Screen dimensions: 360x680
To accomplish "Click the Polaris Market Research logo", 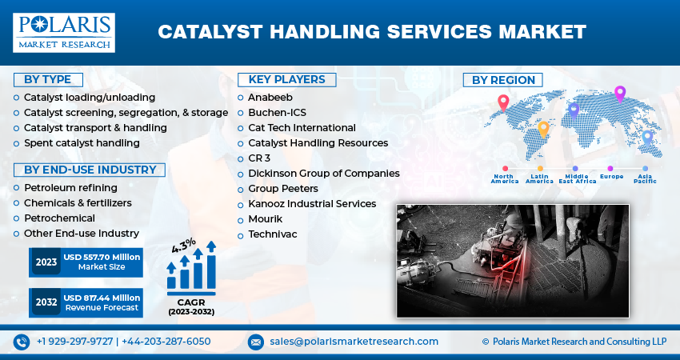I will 63,32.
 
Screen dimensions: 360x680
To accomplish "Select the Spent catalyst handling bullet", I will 82,143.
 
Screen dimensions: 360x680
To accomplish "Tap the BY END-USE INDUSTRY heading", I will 90,170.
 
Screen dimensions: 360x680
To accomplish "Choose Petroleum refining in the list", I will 70,188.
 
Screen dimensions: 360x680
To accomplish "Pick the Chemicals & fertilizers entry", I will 78,203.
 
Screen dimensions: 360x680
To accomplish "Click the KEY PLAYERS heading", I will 286,79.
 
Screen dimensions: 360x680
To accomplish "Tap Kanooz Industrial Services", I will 312,204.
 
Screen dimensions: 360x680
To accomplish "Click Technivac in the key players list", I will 274,234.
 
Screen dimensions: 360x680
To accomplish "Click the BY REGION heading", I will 502,80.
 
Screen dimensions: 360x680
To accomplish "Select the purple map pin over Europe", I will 619,94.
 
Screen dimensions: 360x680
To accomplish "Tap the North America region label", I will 504,178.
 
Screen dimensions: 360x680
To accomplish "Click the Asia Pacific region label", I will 645,178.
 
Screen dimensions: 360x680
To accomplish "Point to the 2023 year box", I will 45,262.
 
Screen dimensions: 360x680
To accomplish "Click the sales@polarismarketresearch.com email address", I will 354,342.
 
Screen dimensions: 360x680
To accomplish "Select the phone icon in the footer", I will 22,342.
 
